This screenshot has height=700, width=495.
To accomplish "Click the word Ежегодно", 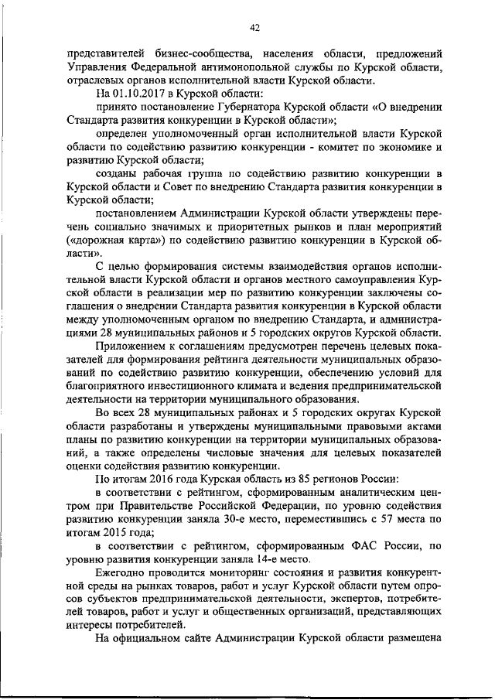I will pos(123,572).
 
